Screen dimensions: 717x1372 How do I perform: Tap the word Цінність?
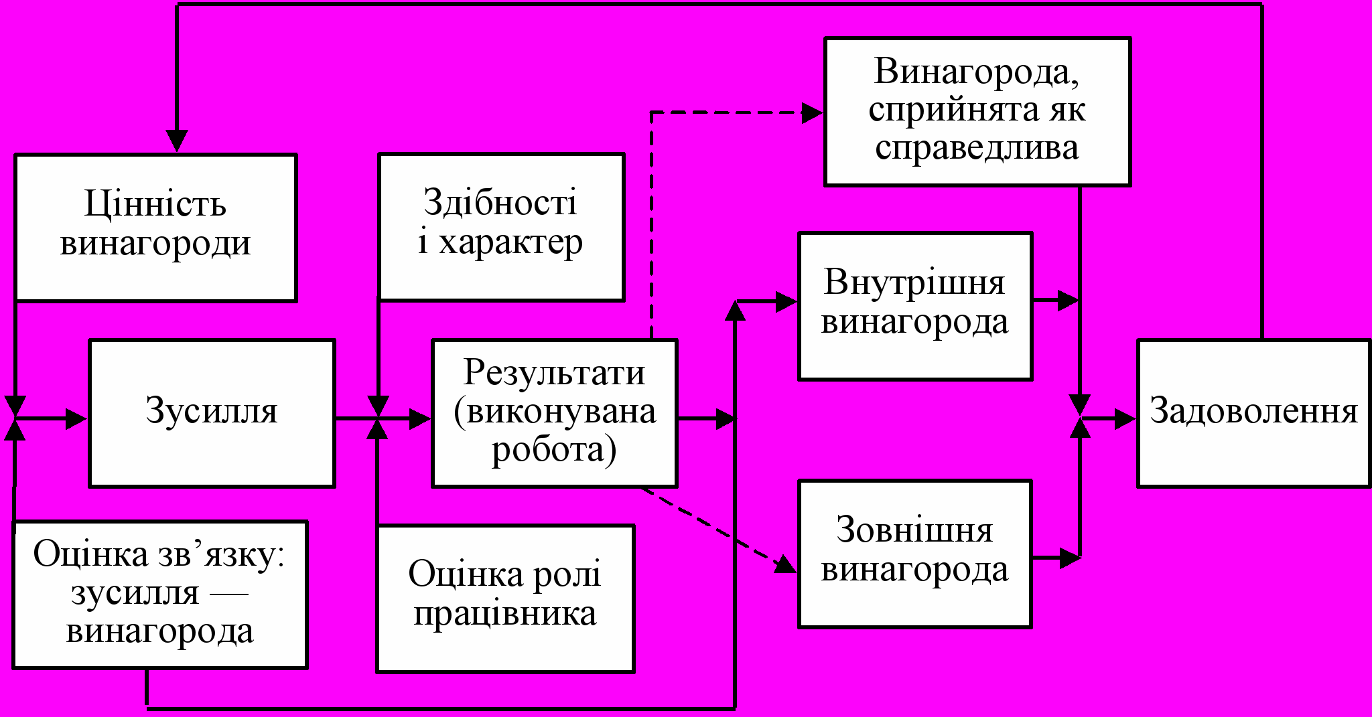pos(155,204)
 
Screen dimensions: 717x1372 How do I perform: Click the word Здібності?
pos(500,202)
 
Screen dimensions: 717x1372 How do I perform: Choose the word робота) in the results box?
pos(554,450)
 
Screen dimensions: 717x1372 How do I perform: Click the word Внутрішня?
pos(914,282)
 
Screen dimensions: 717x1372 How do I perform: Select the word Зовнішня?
pos(914,530)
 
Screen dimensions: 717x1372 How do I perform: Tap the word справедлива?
pos(977,148)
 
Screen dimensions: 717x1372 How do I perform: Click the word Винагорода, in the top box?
pos(977,71)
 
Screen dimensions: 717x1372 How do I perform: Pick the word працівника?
pos(505,613)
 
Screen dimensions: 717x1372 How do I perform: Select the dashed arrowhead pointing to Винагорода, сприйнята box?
pos(813,113)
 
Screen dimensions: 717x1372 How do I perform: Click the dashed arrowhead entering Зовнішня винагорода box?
pos(786,565)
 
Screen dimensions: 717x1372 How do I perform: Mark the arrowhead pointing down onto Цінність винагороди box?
pos(177,141)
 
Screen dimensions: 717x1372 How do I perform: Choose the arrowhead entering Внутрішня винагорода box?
pos(786,302)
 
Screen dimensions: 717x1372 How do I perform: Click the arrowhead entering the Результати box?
pos(420,419)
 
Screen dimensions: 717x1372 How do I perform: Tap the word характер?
pos(510,242)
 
